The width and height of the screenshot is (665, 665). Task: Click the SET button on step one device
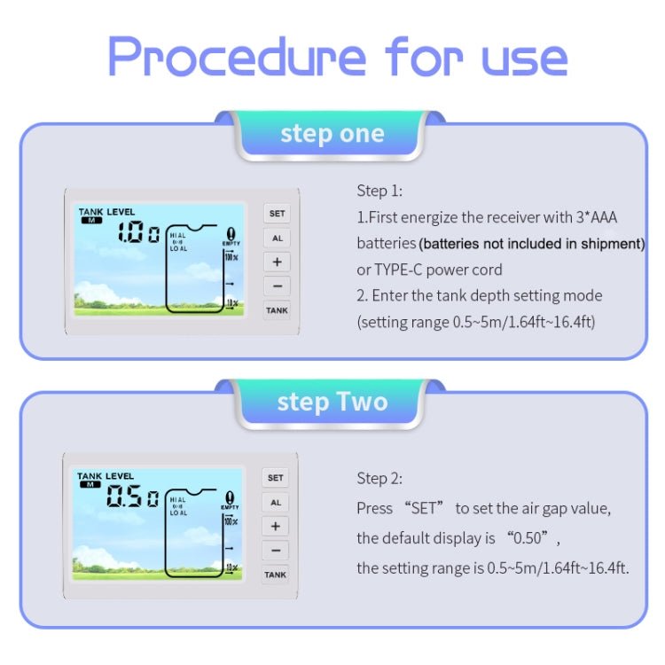click(277, 214)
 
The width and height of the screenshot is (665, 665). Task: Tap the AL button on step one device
click(277, 238)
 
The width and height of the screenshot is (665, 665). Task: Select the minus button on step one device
click(277, 286)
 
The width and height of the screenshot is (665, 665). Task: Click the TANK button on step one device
click(277, 310)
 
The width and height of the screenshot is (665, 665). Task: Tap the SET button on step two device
click(276, 478)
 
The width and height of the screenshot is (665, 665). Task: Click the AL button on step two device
click(276, 502)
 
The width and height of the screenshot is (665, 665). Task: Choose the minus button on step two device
click(276, 551)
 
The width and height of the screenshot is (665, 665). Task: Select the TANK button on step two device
click(276, 575)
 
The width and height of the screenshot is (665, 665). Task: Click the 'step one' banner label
click(332, 134)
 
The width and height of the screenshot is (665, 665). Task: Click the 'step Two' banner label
click(332, 402)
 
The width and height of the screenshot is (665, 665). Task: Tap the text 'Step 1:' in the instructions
click(379, 191)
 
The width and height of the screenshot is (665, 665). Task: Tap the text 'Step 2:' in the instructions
click(379, 479)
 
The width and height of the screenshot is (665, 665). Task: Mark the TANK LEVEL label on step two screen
click(105, 476)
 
